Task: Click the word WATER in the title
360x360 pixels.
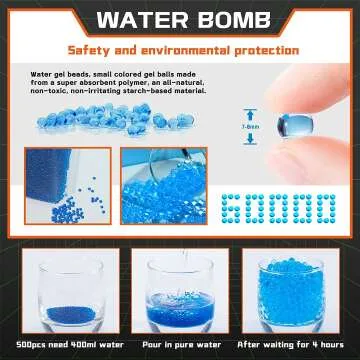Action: coord(138,20)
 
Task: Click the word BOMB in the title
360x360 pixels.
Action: coord(225,20)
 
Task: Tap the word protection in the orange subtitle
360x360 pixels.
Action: coord(258,48)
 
